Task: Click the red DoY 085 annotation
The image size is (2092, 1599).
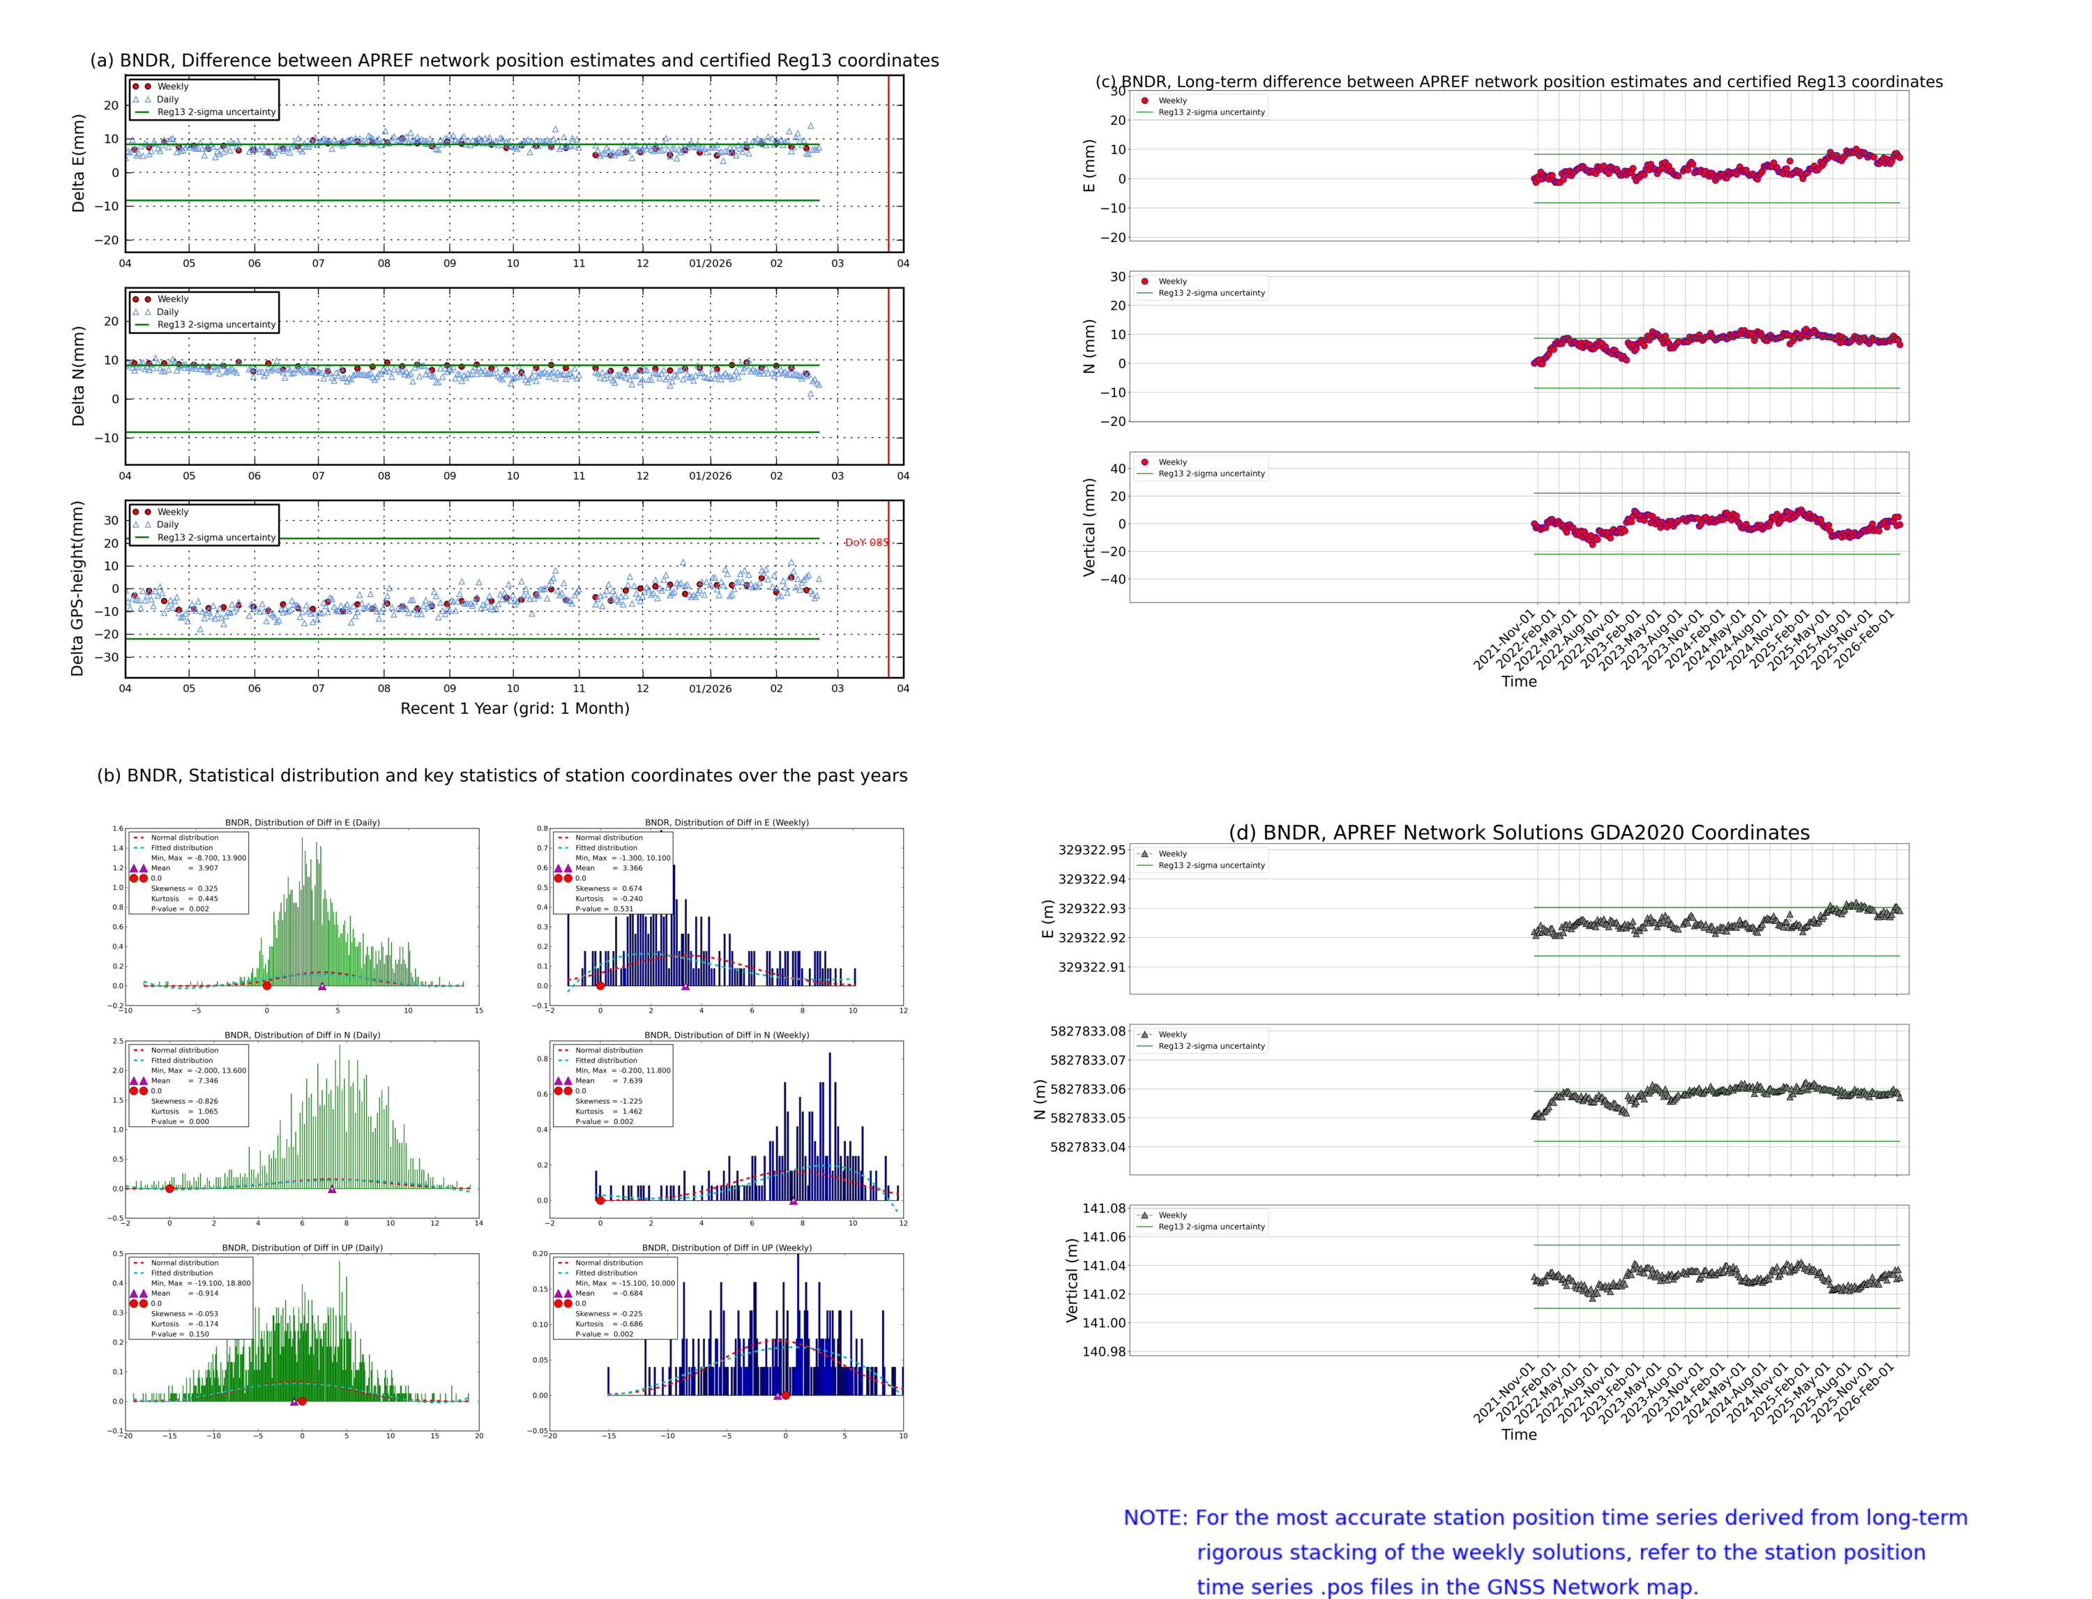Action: click(865, 543)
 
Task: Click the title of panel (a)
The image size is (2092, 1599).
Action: click(514, 60)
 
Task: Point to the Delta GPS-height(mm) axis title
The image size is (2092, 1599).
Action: click(77, 588)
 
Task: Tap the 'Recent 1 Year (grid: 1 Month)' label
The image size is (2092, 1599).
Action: click(514, 708)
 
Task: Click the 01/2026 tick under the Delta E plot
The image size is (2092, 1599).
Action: click(710, 264)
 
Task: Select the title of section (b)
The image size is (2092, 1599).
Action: click(501, 775)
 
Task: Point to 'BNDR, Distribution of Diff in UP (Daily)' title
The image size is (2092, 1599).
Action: click(302, 1247)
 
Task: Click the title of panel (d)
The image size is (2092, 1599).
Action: click(1518, 833)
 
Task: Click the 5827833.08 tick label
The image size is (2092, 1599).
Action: click(1087, 1031)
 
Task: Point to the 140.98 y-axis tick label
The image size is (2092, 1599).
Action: click(1103, 1351)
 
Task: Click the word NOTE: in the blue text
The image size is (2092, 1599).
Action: click(1155, 1517)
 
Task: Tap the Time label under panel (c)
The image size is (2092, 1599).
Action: click(1518, 681)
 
